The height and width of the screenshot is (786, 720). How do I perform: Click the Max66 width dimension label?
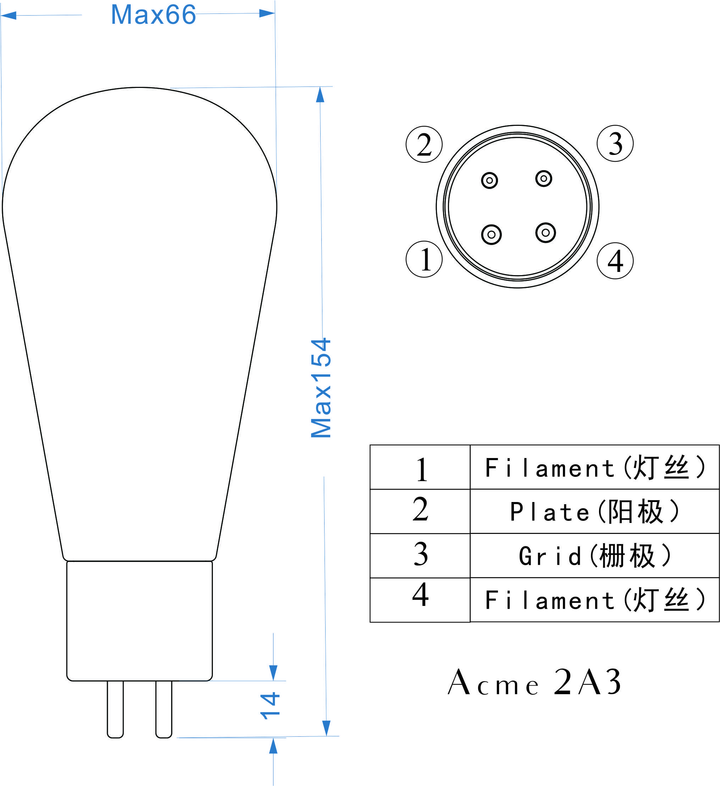pyautogui.click(x=153, y=15)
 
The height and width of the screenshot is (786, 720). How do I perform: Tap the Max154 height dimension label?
pyautogui.click(x=321, y=388)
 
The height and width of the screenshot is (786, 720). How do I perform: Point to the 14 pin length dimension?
pyautogui.click(x=270, y=706)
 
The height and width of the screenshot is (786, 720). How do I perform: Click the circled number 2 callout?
pyautogui.click(x=424, y=144)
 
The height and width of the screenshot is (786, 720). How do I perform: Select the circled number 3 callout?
pyautogui.click(x=615, y=144)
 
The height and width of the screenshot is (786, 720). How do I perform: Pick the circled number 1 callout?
pyautogui.click(x=424, y=259)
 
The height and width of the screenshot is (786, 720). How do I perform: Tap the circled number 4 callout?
pyautogui.click(x=615, y=261)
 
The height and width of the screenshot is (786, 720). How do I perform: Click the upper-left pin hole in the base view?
pyautogui.click(x=489, y=180)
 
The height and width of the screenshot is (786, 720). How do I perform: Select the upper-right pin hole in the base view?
pyautogui.click(x=544, y=179)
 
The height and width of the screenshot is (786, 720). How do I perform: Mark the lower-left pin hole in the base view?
pyautogui.click(x=492, y=235)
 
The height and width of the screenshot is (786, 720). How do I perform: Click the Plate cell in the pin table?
pyautogui.click(x=595, y=511)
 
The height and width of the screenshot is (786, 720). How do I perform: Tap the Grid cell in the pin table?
pyautogui.click(x=595, y=556)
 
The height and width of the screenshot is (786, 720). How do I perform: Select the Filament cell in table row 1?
pyautogui.click(x=595, y=467)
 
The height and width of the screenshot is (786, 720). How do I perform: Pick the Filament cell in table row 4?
pyautogui.click(x=595, y=600)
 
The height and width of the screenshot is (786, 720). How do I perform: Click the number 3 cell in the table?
pyautogui.click(x=420, y=556)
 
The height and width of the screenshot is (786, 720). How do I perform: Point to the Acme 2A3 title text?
pyautogui.click(x=535, y=682)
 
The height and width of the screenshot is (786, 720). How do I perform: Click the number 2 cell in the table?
pyautogui.click(x=420, y=511)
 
